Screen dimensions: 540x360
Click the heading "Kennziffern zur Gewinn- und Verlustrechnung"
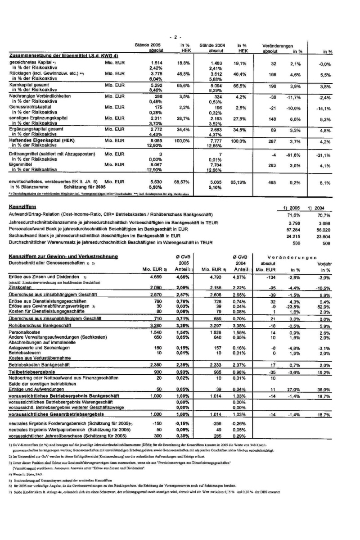63,256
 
